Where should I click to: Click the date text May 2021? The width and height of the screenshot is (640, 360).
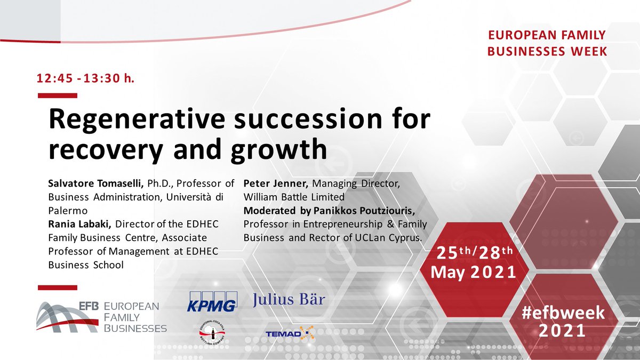[x=473, y=272]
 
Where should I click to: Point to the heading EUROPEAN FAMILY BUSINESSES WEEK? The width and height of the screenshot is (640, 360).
[x=548, y=43]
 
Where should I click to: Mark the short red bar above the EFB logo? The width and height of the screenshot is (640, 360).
[x=57, y=288]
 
